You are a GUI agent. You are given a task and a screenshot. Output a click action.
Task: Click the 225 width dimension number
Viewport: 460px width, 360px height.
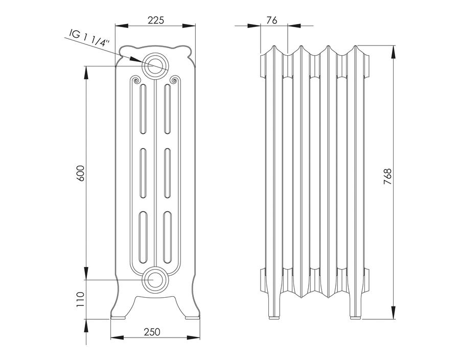point(155,20)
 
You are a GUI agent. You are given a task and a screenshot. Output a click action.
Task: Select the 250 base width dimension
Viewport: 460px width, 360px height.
point(152,331)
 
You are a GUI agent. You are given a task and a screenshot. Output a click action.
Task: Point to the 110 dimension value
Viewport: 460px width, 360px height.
point(80,299)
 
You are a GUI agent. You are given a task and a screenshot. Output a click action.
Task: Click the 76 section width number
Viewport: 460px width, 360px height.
point(272,20)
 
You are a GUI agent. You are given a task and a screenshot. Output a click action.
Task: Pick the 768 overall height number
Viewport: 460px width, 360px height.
point(387,176)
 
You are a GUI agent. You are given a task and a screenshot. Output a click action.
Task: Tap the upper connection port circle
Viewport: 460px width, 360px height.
point(155,66)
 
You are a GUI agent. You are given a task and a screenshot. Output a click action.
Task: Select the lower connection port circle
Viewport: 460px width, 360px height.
point(155,280)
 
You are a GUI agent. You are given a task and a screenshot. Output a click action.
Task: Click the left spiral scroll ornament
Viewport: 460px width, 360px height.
point(136,80)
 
